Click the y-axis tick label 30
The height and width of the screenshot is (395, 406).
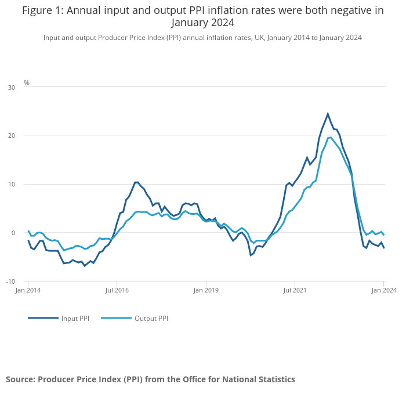tap(12, 87)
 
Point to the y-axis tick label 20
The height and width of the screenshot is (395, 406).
tap(12, 136)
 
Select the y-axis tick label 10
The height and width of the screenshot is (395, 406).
tap(12, 185)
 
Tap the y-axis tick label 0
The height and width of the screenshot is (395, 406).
tap(13, 233)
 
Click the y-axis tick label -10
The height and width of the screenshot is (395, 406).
tap(10, 282)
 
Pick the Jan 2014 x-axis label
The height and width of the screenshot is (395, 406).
tap(28, 290)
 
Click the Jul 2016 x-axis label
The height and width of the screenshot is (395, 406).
tap(117, 290)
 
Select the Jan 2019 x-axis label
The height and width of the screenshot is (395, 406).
tap(206, 290)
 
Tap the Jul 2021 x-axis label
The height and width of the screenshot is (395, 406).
tap(295, 290)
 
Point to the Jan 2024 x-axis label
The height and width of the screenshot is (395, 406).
tap(384, 290)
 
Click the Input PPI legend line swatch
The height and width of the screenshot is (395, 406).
tap(43, 318)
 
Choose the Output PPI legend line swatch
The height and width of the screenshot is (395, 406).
tap(116, 318)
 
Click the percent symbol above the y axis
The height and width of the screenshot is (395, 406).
tap(27, 83)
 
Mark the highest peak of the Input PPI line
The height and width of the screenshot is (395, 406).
tap(328, 114)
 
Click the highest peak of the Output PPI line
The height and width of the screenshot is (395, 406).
tap(331, 137)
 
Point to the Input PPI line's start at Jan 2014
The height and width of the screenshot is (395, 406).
tap(28, 240)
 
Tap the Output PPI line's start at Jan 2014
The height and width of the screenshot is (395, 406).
tap(28, 231)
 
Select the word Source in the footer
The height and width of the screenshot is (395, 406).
tap(20, 379)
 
